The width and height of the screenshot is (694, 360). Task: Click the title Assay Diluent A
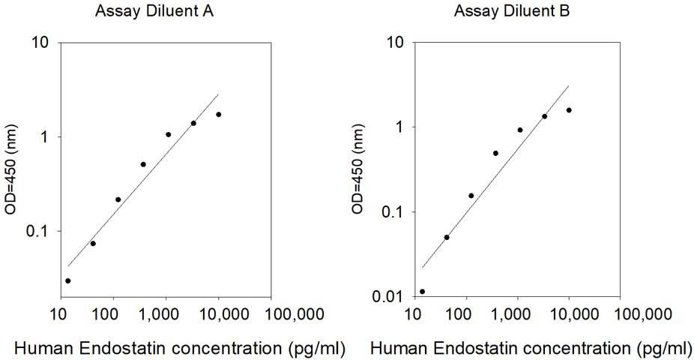[154, 11]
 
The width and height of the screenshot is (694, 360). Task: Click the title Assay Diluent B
[512, 11]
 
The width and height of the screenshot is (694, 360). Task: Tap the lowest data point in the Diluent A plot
[67, 280]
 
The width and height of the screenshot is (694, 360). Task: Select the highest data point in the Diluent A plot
[219, 115]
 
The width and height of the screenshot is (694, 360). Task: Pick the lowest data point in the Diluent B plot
[422, 291]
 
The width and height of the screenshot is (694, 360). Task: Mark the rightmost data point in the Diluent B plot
[569, 110]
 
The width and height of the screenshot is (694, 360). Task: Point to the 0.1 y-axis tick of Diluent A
[37, 231]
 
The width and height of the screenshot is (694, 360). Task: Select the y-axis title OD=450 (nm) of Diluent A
[10, 169]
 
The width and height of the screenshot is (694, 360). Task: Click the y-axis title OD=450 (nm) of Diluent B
[357, 169]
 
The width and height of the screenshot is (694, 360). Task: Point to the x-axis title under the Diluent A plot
[180, 349]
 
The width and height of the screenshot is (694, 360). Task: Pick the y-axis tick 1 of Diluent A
[43, 136]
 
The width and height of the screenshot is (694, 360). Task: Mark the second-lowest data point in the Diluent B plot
[447, 237]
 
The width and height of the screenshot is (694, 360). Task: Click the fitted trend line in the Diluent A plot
[143, 180]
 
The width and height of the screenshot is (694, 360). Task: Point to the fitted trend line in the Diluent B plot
[495, 177]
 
